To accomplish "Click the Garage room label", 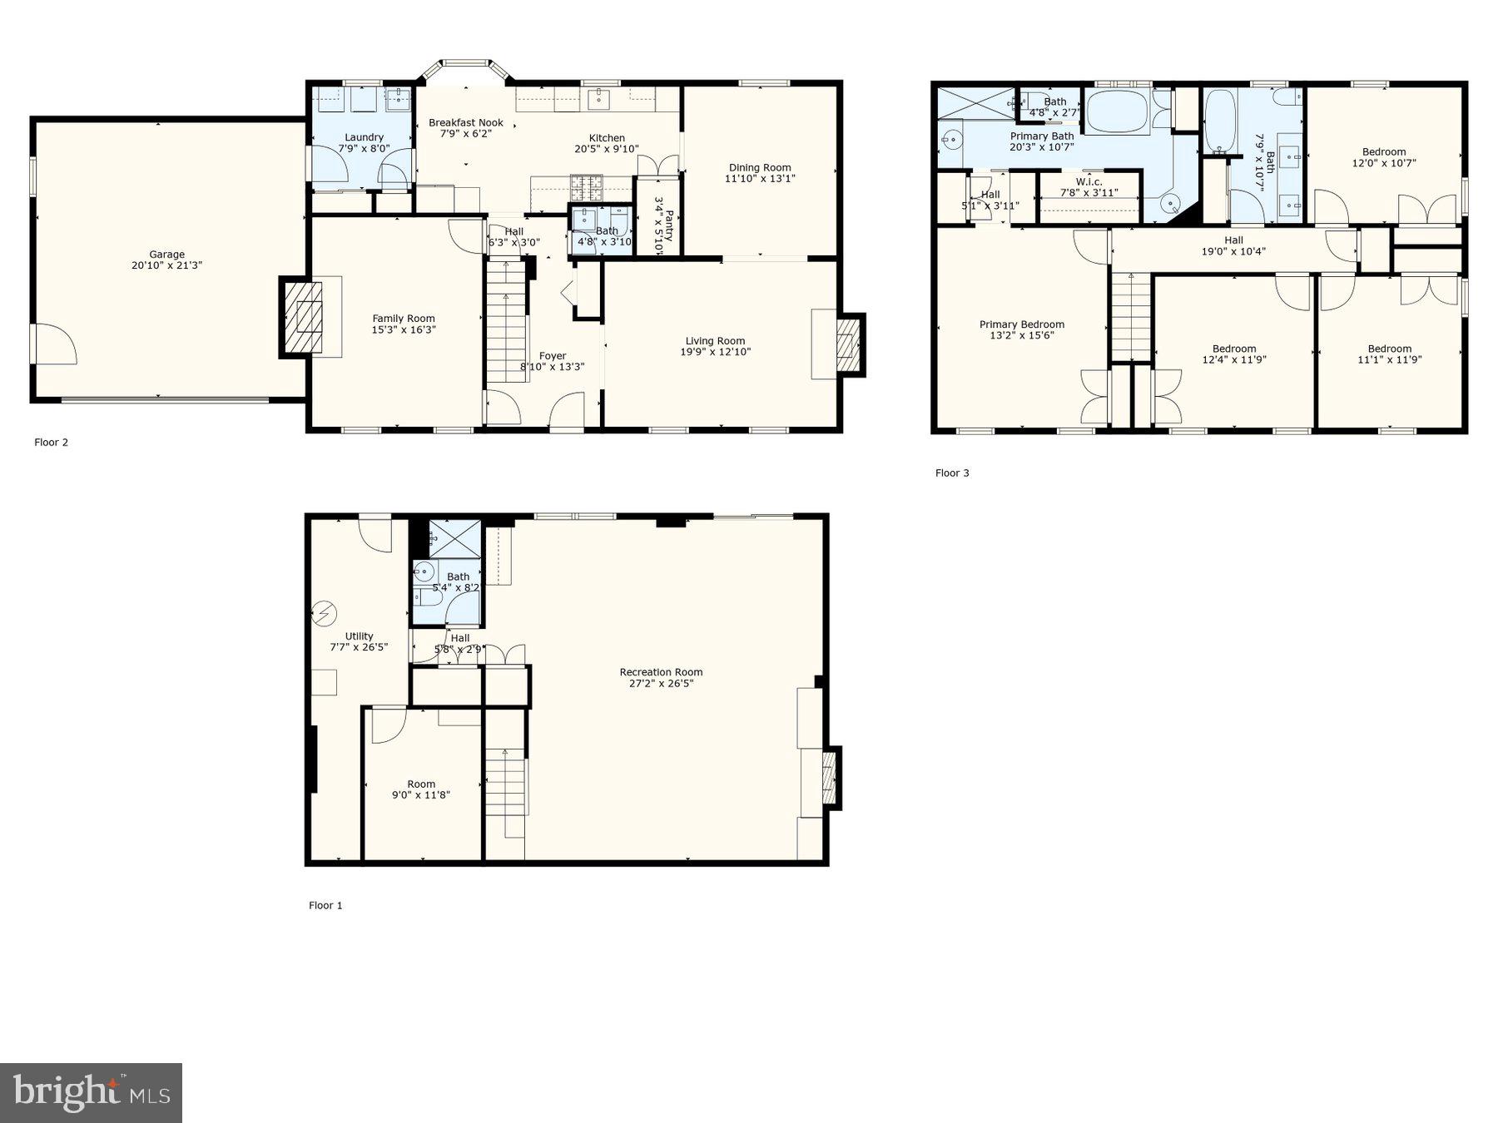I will pos(166,255).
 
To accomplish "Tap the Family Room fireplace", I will pos(302,317).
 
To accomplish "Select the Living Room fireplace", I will pos(846,344).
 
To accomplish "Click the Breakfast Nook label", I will pos(466,123).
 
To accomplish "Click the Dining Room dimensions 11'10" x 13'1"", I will pos(760,178).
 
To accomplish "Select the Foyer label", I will pos(553,356).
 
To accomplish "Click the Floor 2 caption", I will pos(52,443).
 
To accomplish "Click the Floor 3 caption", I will pos(952,473).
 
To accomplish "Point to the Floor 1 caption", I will pos(325,905).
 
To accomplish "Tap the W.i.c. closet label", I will pos(1089,182).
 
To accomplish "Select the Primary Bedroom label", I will pos(1022,324).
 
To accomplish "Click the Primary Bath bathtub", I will pos(1118,111).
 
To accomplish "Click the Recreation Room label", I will pos(661,672).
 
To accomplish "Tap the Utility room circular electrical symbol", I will pos(322,614).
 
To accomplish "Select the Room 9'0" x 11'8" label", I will pos(421,784).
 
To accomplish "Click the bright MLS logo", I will pos(91,1092).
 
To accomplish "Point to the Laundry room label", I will pos(365,137).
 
